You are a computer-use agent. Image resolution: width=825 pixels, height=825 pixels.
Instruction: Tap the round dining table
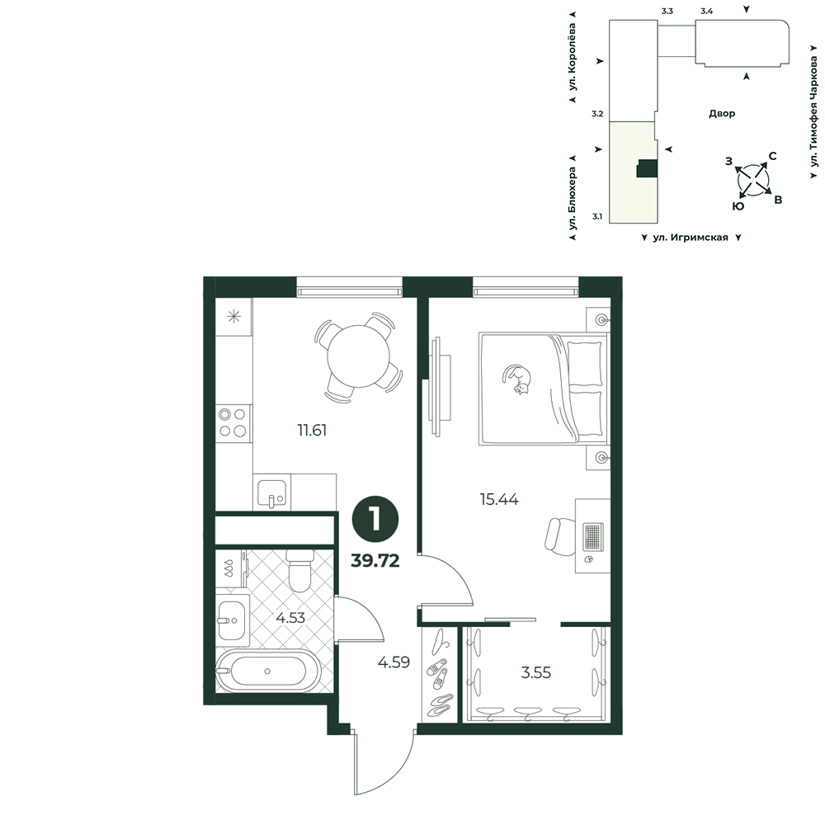click(360, 356)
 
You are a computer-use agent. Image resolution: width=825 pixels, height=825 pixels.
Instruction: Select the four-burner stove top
click(233, 423)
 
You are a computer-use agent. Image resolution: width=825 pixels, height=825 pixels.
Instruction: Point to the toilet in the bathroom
click(300, 570)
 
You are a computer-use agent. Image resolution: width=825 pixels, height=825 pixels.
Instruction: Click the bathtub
click(268, 672)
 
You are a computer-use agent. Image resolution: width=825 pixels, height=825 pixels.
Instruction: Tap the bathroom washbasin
click(233, 620)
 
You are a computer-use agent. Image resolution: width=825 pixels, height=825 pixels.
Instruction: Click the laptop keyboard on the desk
click(593, 537)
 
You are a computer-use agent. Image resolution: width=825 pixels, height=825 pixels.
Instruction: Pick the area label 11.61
click(312, 431)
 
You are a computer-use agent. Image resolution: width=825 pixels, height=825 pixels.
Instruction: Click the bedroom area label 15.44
click(499, 499)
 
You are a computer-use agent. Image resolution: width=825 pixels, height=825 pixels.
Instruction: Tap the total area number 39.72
click(375, 561)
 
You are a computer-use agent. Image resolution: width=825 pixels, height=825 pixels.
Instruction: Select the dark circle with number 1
click(375, 520)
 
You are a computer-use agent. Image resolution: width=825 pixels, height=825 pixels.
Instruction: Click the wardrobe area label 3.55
click(535, 672)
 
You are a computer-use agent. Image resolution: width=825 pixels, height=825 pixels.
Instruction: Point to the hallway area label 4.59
click(394, 662)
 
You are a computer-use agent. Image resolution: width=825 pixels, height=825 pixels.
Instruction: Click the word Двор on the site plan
click(722, 114)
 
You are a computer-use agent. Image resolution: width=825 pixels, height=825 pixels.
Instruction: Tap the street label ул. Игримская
click(691, 238)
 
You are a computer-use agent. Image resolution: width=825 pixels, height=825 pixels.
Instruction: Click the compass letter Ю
click(738, 206)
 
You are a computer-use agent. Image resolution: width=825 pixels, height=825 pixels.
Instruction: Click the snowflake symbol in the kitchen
click(233, 317)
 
